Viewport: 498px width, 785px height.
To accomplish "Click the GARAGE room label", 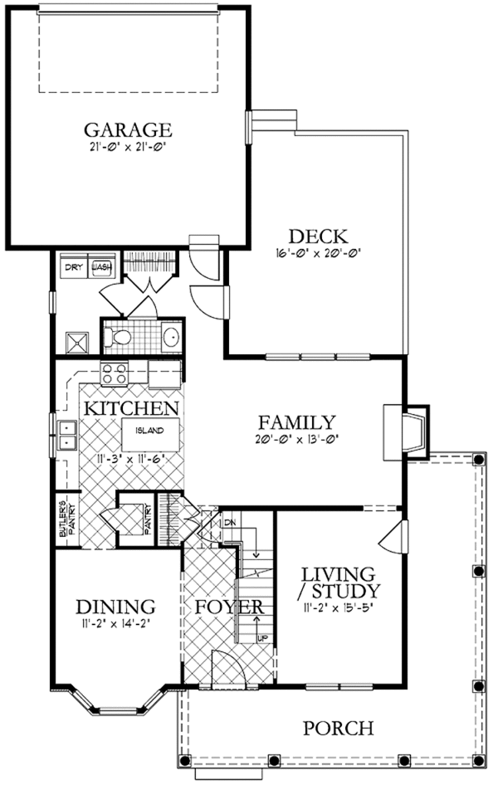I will (x=128, y=130).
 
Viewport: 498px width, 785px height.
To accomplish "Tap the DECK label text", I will (x=317, y=236).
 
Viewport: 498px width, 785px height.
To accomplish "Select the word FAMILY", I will (x=296, y=422).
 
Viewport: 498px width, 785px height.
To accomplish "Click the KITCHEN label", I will (x=131, y=408).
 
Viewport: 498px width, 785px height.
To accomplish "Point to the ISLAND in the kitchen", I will (x=149, y=431).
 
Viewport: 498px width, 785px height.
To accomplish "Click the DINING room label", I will (x=116, y=605).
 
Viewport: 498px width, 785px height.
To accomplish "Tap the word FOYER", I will (x=229, y=607).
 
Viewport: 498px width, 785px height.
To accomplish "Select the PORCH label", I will (x=337, y=729).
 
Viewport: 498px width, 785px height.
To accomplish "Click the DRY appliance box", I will (x=75, y=267).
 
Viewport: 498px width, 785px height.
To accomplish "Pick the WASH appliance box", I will (x=101, y=267).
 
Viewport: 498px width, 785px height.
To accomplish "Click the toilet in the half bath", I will (x=120, y=337).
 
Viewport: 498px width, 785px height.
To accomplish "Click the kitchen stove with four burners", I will (x=114, y=373).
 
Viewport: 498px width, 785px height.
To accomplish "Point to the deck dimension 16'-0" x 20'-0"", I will (x=317, y=254).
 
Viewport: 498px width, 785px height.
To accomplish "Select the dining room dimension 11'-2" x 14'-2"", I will (x=116, y=622).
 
